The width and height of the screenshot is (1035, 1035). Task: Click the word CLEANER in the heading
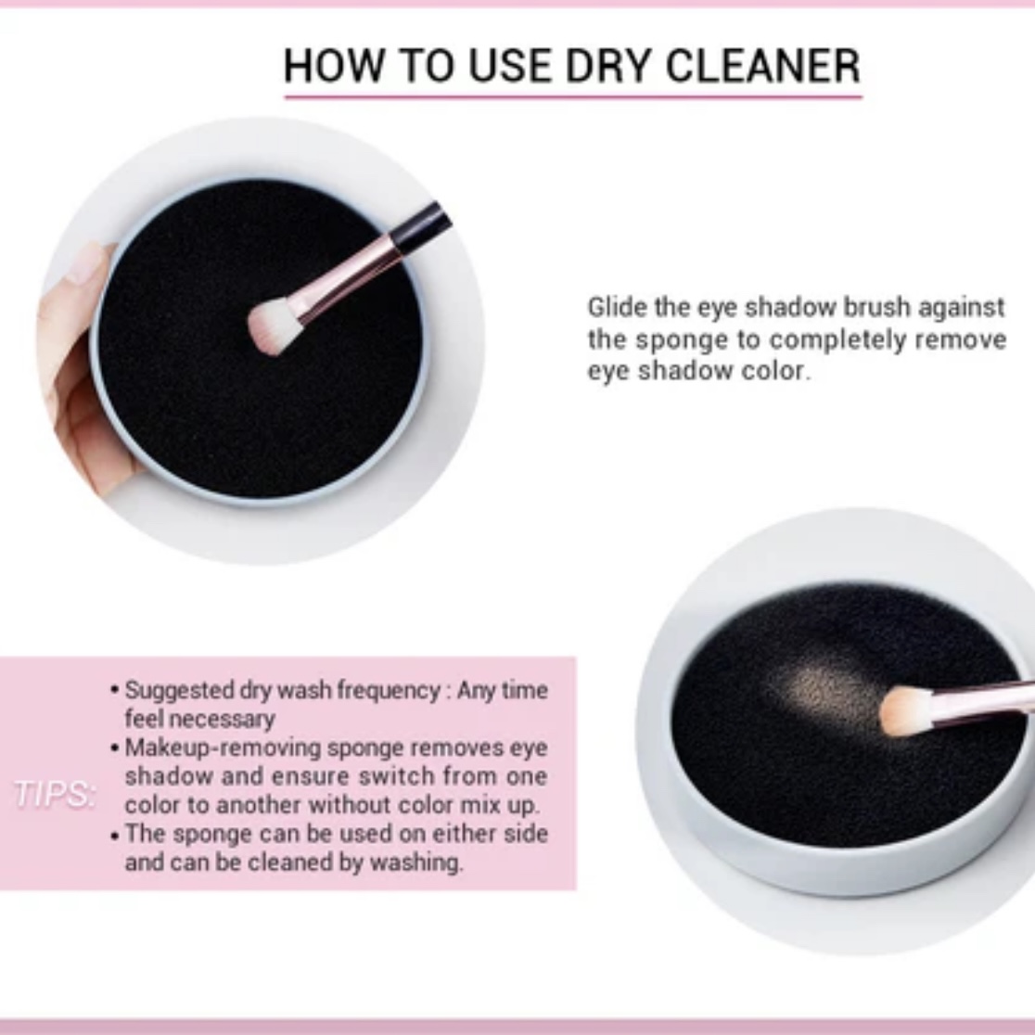[x=762, y=66]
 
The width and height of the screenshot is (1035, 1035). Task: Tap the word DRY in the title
[x=609, y=66]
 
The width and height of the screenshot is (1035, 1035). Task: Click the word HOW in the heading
[x=333, y=66]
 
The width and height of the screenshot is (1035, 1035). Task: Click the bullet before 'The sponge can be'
[x=115, y=836]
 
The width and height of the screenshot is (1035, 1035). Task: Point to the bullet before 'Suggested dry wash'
[x=115, y=691]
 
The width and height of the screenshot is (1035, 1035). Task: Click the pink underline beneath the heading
[x=573, y=97]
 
